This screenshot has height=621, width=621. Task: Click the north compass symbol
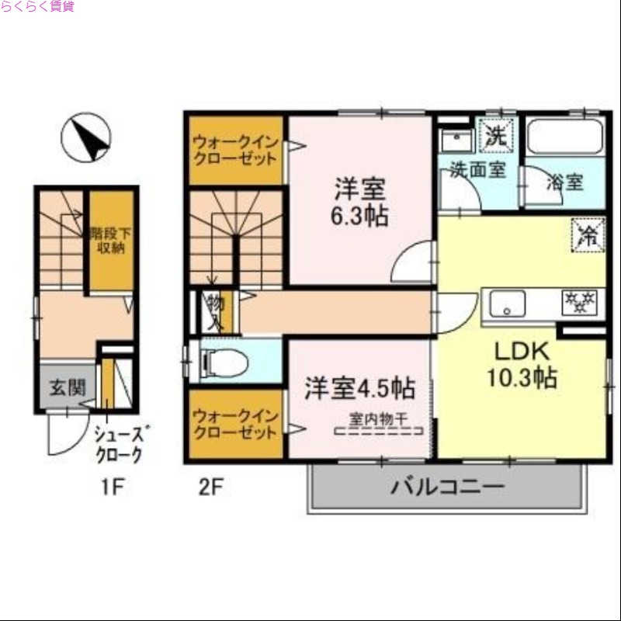point(85,137)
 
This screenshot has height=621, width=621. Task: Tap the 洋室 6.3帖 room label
point(360,201)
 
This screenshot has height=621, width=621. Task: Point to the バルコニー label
point(447,487)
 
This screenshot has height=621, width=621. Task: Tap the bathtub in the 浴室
point(564,139)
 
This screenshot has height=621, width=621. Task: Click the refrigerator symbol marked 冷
point(588,235)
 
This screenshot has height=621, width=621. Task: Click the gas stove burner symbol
point(578,301)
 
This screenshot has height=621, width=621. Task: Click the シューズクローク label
point(118,445)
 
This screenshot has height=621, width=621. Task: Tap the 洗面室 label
point(478,169)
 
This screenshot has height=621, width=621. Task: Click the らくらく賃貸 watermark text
point(38,7)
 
